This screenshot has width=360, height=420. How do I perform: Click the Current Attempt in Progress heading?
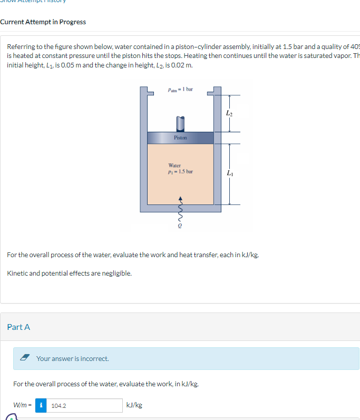[43, 22]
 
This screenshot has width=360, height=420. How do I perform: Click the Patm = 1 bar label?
[180, 90]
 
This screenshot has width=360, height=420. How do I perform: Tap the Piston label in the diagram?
[180, 138]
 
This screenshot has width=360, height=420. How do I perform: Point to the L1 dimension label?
[228, 173]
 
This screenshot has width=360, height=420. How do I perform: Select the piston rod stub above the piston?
[180, 123]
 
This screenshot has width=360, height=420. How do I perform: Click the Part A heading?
[18, 327]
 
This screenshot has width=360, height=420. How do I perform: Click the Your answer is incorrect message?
[72, 358]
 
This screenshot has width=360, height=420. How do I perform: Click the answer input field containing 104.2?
[84, 405]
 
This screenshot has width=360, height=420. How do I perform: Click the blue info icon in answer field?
[41, 405]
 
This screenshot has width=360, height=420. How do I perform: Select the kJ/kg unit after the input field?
[134, 405]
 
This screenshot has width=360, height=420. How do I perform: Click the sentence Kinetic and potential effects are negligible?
[69, 273]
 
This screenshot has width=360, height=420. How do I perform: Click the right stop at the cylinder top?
[211, 94]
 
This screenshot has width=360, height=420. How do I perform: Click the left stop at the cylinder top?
[149, 94]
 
